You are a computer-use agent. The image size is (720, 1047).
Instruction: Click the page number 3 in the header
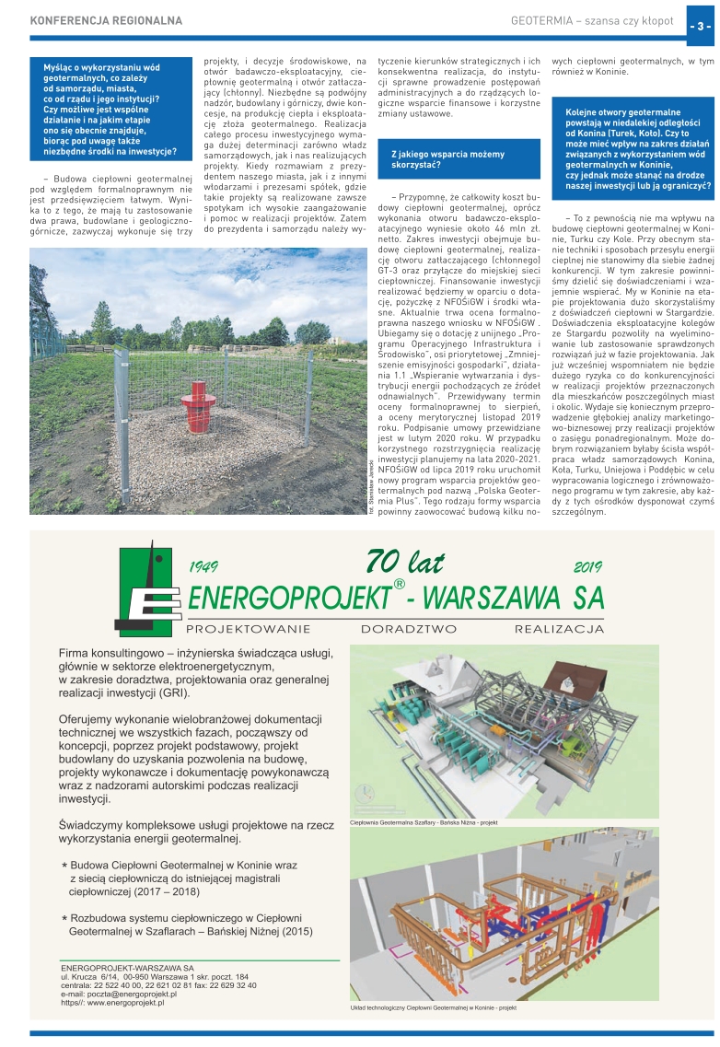(699, 26)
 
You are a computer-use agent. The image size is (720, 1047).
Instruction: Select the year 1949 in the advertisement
(209, 567)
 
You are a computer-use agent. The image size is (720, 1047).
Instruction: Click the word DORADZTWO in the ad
(408, 630)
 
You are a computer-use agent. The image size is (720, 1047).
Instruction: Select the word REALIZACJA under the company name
(559, 630)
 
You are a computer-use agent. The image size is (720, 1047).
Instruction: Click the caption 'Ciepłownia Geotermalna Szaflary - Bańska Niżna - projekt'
(424, 821)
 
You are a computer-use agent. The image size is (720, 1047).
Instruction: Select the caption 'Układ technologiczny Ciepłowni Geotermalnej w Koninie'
(433, 1008)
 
